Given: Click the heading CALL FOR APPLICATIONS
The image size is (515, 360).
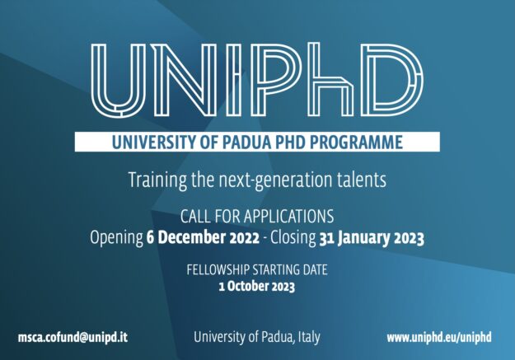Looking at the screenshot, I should (256, 218).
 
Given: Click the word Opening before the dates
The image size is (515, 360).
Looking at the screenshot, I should (116, 238).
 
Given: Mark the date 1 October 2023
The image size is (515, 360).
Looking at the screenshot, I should (256, 288).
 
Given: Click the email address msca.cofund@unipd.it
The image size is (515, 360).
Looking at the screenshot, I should (73, 337).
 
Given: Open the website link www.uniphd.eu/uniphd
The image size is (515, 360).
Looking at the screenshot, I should (438, 337).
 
